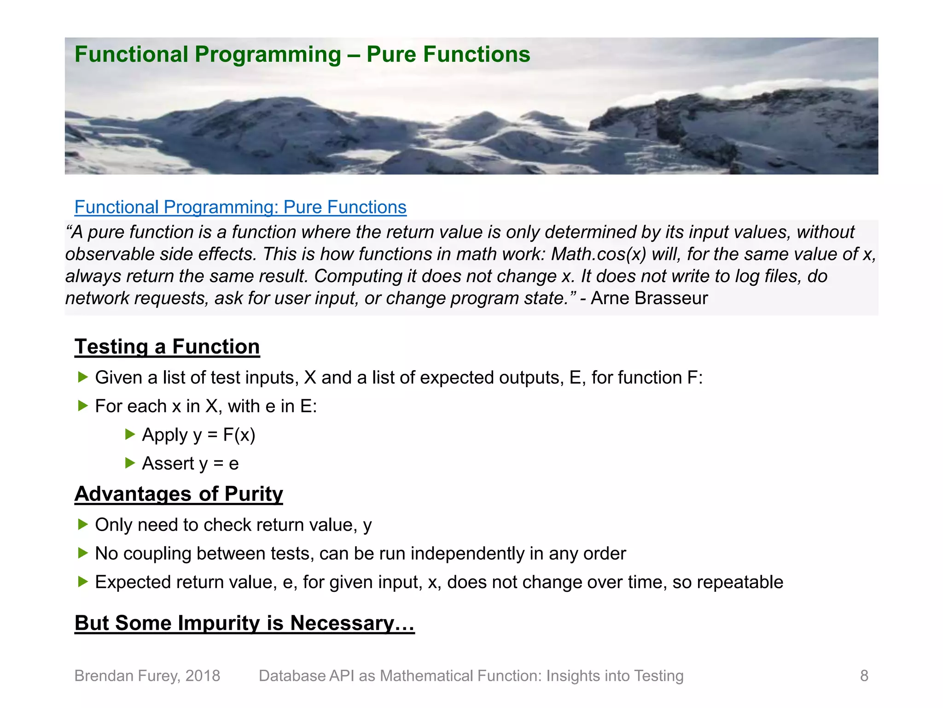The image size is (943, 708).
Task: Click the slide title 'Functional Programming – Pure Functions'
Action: [302, 54]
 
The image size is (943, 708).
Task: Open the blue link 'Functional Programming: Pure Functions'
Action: [240, 207]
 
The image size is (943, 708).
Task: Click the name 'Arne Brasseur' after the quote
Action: [649, 298]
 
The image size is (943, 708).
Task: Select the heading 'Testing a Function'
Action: [167, 347]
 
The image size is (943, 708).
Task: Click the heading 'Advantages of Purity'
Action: [179, 494]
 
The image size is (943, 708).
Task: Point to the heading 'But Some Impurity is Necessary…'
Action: [244, 623]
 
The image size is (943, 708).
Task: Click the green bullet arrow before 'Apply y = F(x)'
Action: [130, 434]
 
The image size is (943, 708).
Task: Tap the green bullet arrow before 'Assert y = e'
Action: [130, 463]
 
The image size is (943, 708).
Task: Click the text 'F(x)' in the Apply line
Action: [239, 435]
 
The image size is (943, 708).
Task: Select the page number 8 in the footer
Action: [864, 676]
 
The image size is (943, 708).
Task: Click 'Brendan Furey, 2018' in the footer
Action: [147, 676]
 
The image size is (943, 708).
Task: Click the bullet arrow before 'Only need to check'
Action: [83, 524]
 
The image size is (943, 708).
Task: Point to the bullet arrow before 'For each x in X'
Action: [83, 406]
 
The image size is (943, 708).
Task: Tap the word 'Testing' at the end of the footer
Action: [658, 676]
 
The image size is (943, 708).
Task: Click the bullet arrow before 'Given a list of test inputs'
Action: [83, 377]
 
